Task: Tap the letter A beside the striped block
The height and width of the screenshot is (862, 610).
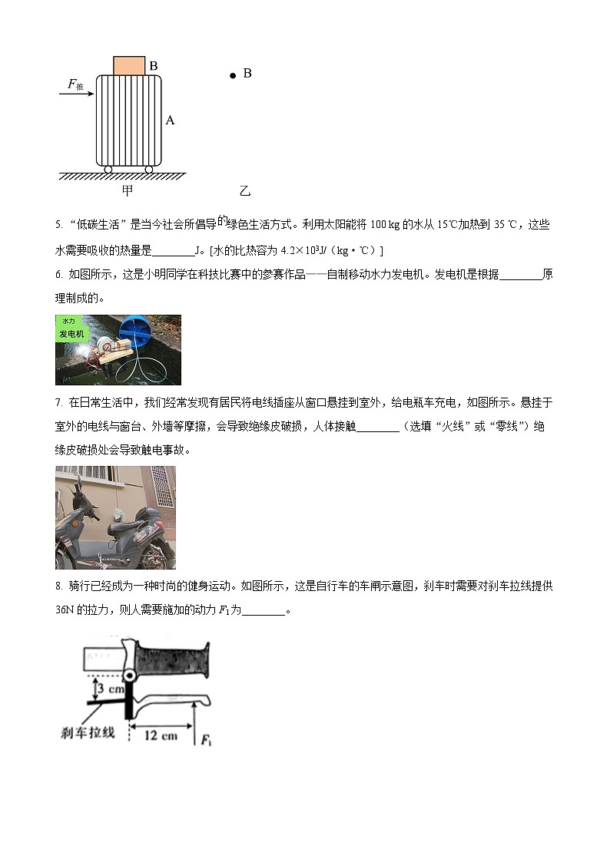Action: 170,120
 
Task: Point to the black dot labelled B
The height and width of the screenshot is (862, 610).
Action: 233,76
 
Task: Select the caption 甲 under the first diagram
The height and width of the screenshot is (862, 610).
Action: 128,190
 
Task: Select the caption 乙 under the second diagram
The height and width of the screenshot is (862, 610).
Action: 245,190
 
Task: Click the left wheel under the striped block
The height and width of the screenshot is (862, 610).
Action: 108,169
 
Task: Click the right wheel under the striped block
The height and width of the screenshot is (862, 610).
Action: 149,169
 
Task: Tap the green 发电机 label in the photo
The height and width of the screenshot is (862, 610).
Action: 72,333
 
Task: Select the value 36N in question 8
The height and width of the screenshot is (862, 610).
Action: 68,610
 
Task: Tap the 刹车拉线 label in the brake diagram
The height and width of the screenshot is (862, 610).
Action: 88,732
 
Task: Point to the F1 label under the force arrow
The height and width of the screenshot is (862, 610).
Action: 206,741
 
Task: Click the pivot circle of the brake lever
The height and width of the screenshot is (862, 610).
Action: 131,677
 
